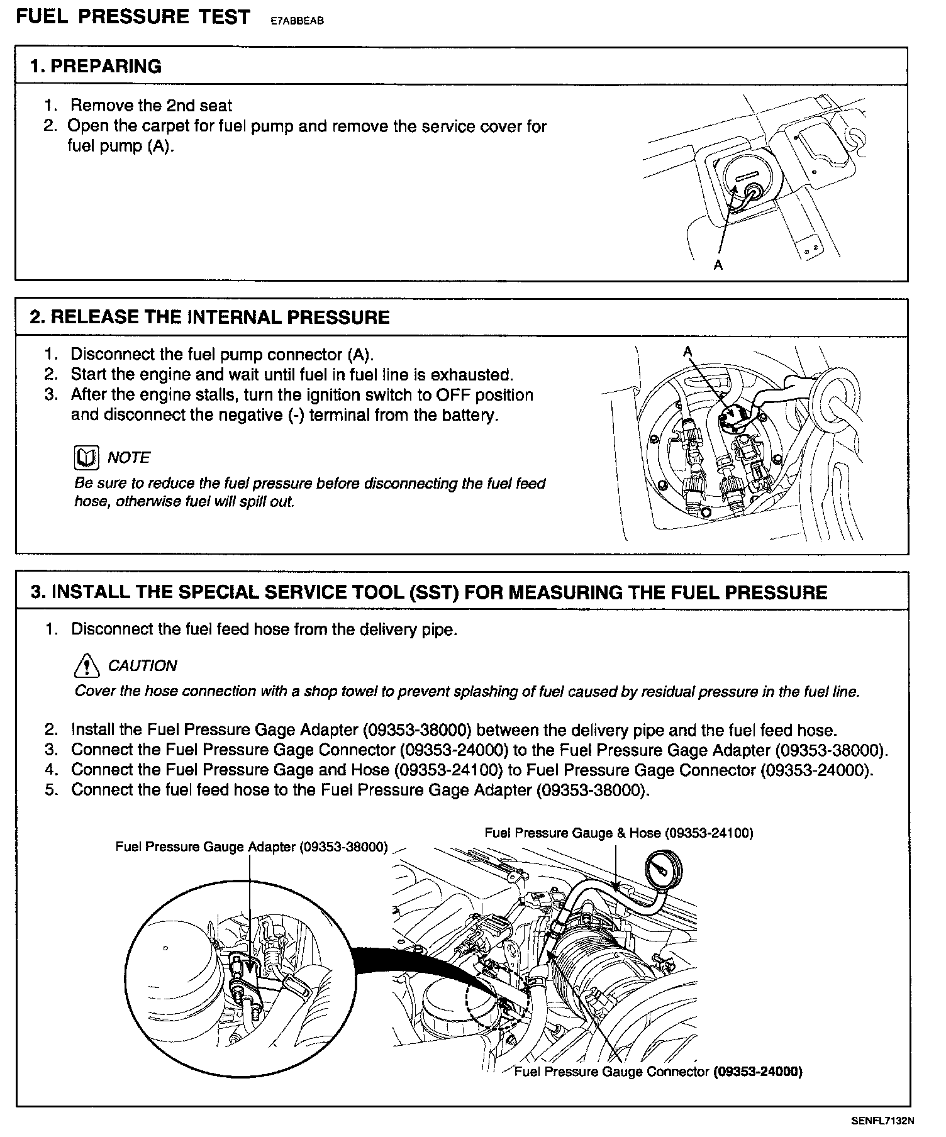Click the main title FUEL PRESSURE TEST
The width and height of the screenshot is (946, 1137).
coord(133,17)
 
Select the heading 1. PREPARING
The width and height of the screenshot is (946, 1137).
coord(96,66)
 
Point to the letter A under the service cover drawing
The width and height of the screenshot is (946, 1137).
coord(718,265)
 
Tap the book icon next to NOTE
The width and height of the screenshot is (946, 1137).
coord(86,458)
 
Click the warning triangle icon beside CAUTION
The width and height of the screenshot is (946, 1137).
coord(87,665)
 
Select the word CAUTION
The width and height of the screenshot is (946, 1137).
coord(142,665)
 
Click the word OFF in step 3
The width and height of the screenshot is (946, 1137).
coord(438,395)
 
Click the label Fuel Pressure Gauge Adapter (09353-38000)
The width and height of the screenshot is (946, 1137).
coord(252,846)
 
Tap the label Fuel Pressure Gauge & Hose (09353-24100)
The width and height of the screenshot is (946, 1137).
coord(618,833)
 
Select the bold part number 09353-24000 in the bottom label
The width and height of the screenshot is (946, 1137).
coord(758,1072)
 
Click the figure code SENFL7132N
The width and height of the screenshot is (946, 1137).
coord(882,1120)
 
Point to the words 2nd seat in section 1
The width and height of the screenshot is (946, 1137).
coord(199,106)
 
